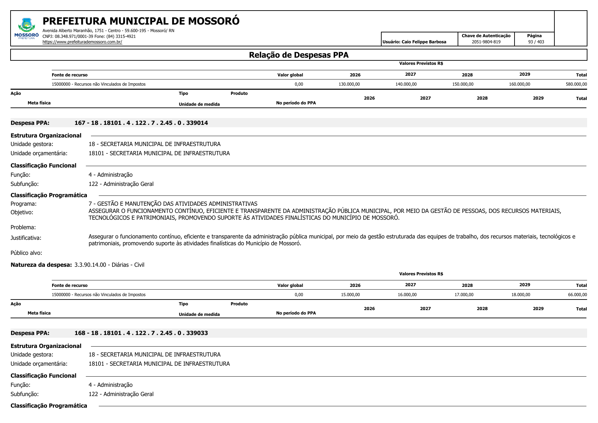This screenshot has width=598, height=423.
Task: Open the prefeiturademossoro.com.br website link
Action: (x=82, y=42)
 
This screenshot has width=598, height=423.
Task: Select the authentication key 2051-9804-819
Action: (x=486, y=42)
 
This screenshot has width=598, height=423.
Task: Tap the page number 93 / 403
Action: (x=536, y=42)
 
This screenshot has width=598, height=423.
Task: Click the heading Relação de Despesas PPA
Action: (x=298, y=55)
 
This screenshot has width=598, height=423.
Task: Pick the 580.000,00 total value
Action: (x=576, y=84)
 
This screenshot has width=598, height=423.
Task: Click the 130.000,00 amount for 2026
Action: (x=349, y=84)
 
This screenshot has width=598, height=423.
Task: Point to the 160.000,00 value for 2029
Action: (x=519, y=84)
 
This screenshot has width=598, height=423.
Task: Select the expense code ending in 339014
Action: (x=141, y=123)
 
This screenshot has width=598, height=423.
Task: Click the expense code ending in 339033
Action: (x=141, y=333)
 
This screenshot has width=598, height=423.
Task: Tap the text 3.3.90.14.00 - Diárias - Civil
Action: (x=109, y=265)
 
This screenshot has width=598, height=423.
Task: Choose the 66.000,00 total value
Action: (x=577, y=295)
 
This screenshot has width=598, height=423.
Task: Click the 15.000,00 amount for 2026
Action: (x=350, y=295)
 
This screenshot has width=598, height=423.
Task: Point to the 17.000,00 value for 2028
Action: (x=464, y=295)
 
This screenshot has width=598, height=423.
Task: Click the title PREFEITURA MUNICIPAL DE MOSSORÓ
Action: (x=141, y=21)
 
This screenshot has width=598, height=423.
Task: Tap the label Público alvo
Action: (x=26, y=253)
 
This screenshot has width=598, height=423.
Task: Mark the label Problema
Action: (x=23, y=227)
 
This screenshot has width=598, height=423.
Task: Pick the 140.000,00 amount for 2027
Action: (x=406, y=84)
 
